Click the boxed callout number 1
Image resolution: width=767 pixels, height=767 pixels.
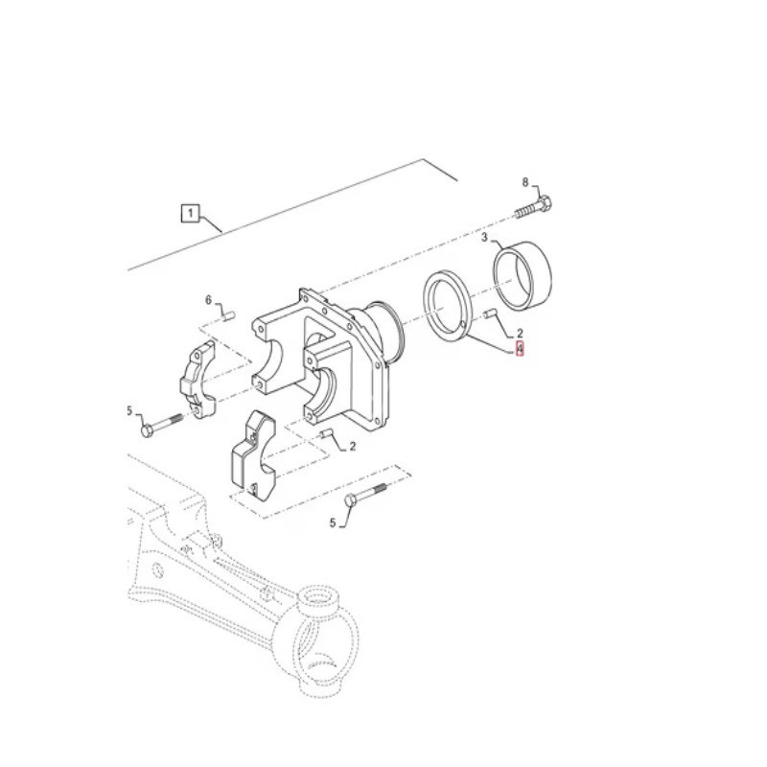[x=190, y=213]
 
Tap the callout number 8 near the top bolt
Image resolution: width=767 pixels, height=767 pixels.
[x=525, y=182]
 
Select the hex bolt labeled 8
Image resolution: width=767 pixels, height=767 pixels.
[x=533, y=206]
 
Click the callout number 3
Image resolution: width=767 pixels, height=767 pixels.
[x=484, y=238]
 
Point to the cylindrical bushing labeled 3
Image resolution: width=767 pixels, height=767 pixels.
[x=522, y=277]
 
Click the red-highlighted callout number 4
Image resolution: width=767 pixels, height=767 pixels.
[x=520, y=349]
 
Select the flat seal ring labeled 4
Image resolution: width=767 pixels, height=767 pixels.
[x=447, y=305]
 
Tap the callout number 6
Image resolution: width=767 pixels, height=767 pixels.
[x=208, y=300]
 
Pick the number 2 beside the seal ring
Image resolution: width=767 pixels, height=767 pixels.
[x=520, y=333]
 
